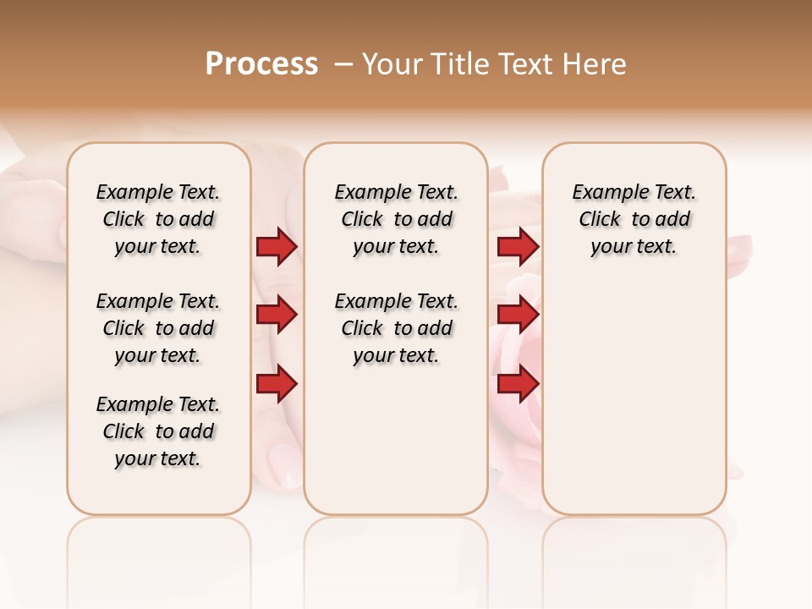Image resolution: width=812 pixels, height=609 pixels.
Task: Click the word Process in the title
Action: click(261, 64)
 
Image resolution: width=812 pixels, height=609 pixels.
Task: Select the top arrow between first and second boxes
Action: click(277, 247)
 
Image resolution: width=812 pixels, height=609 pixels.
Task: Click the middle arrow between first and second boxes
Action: click(277, 315)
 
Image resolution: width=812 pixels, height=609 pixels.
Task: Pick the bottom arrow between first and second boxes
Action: click(277, 384)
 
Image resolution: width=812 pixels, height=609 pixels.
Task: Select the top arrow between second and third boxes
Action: click(518, 247)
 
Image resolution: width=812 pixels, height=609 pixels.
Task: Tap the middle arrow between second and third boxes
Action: click(518, 315)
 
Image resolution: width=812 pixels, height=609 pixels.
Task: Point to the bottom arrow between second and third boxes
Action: click(518, 384)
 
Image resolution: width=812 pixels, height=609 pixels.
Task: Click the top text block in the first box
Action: click(158, 219)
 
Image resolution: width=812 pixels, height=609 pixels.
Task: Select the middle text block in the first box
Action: click(158, 328)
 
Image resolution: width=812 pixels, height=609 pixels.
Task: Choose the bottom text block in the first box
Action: click(158, 431)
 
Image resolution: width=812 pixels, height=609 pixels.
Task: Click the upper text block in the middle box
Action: click(396, 219)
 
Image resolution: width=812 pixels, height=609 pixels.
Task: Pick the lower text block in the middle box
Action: click(396, 328)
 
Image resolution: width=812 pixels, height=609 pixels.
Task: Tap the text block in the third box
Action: click(634, 219)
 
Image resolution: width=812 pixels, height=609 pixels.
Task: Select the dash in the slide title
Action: click(343, 64)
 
